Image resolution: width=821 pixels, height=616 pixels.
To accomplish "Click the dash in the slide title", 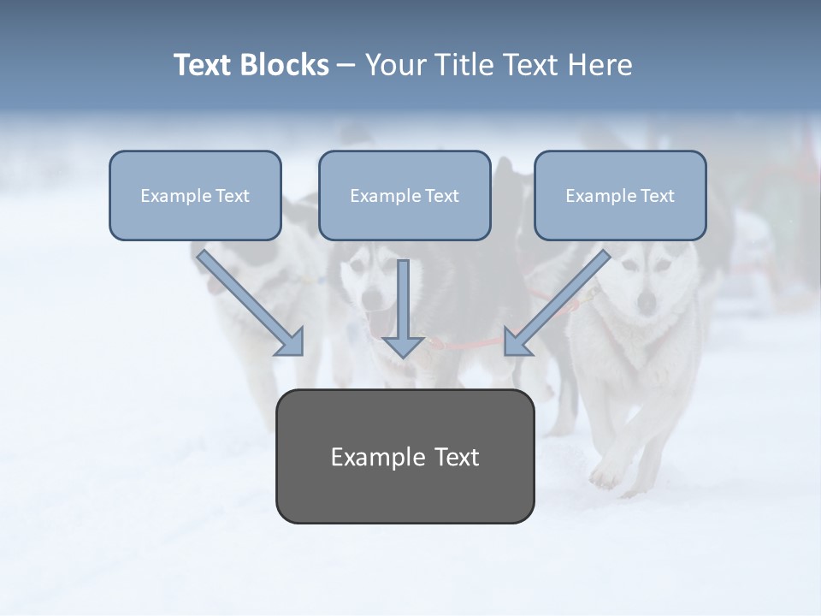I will (346, 66).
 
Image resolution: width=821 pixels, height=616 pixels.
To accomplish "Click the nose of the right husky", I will (647, 301).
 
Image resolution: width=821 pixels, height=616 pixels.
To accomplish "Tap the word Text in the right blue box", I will (657, 196).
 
